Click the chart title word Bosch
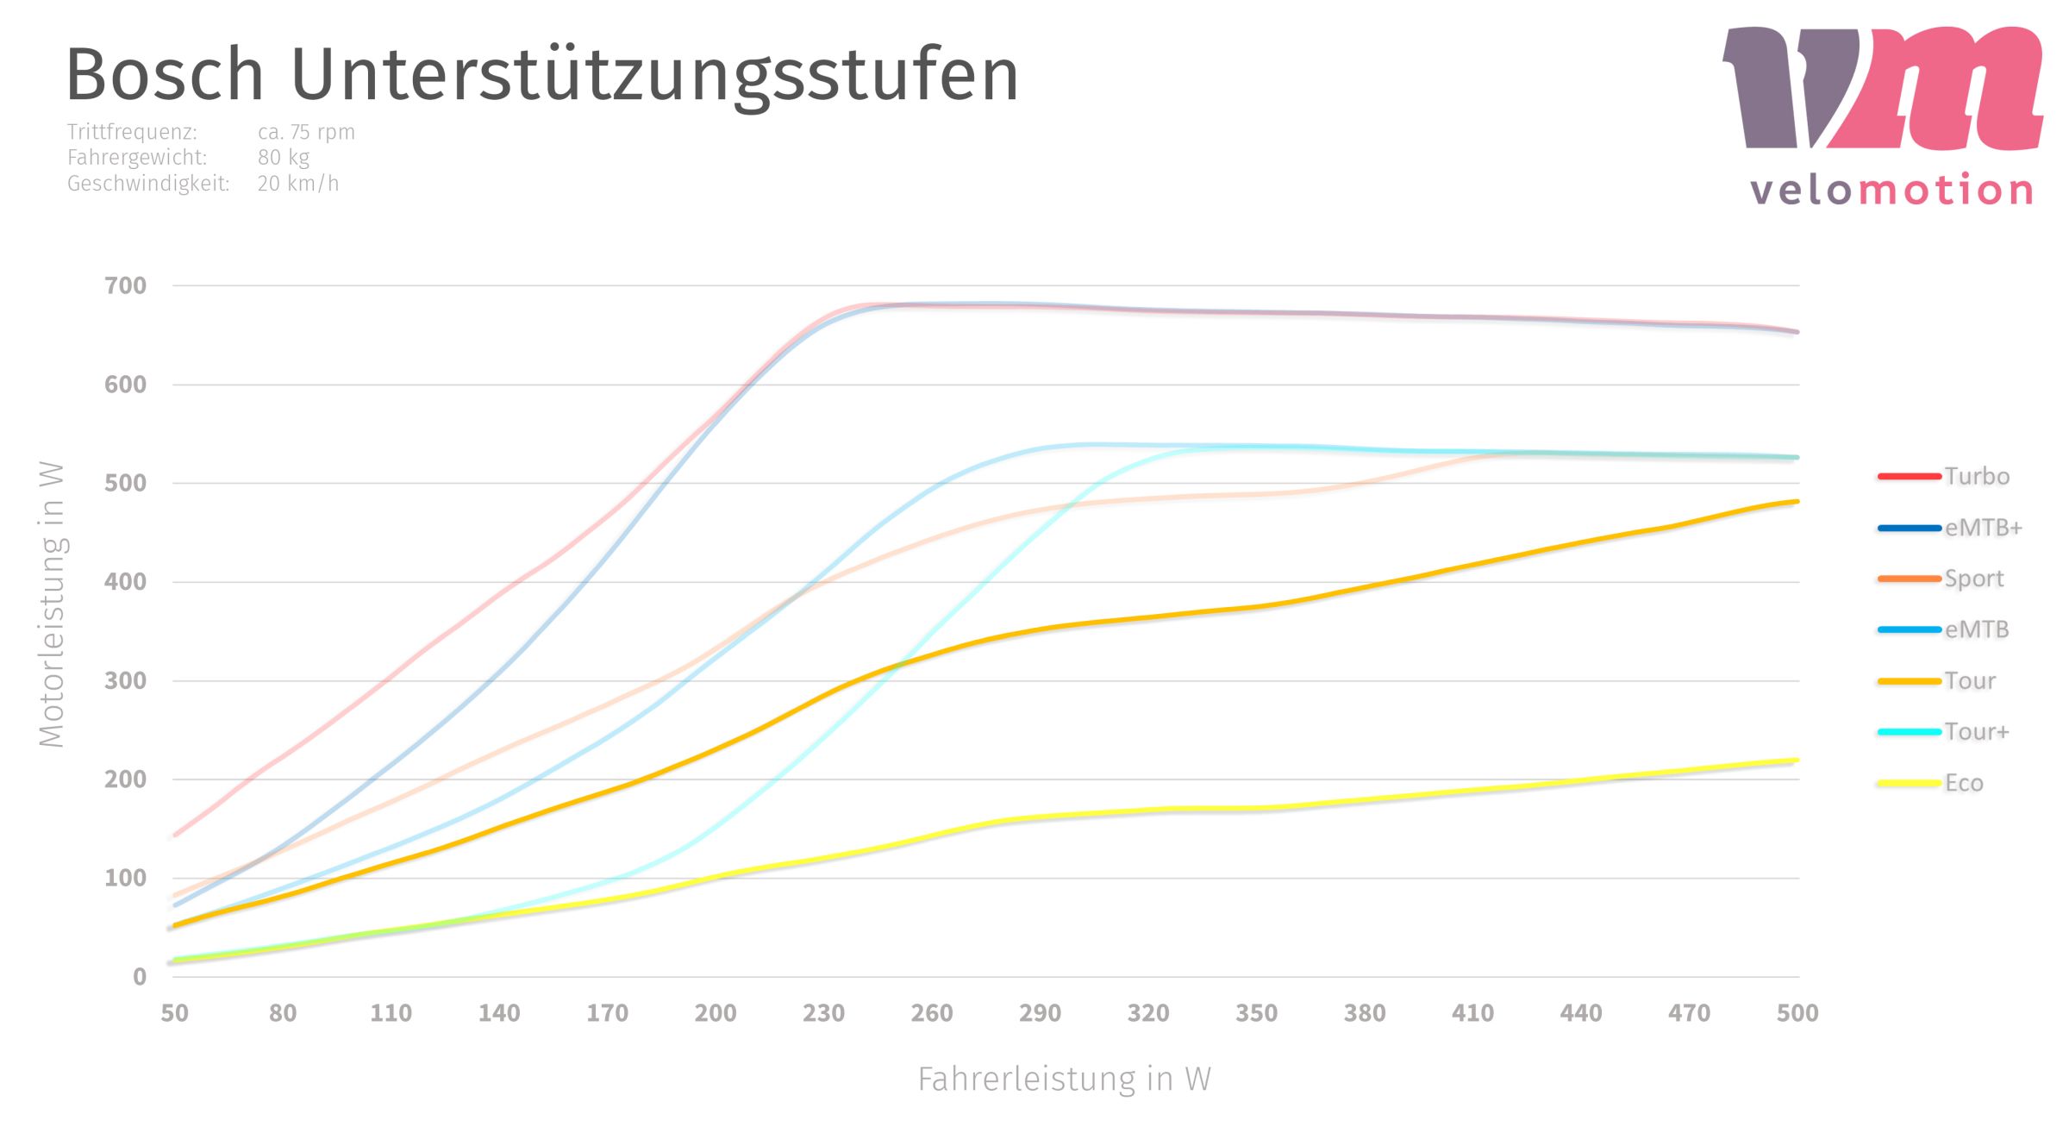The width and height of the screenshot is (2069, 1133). click(x=165, y=75)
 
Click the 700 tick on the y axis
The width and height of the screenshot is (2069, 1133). click(x=126, y=285)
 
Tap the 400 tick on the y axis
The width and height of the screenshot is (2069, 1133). click(x=126, y=582)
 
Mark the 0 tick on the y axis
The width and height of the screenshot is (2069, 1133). click(x=140, y=977)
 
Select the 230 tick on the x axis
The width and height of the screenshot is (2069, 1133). click(x=823, y=1013)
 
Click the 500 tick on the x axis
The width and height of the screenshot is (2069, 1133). click(x=1797, y=1013)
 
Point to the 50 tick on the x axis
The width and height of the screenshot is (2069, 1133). click(x=174, y=1013)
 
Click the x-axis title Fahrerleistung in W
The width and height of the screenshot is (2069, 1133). click(x=1064, y=1080)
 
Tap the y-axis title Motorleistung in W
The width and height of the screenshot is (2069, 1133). click(x=52, y=604)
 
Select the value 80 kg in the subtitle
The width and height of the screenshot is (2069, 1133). click(x=284, y=158)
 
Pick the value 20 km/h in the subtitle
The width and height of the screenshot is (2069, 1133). click(x=297, y=184)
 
